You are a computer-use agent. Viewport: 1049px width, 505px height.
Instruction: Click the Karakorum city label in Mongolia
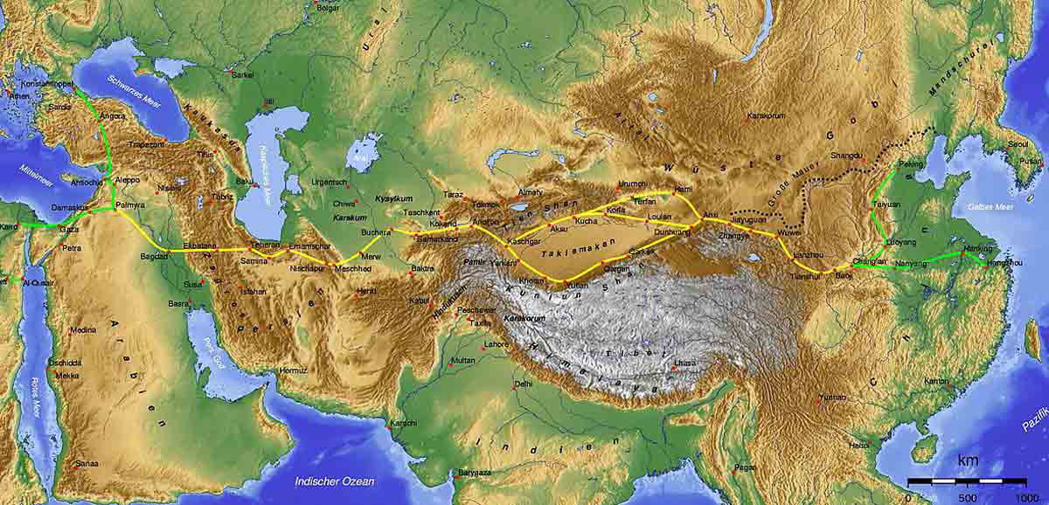tap(768, 115)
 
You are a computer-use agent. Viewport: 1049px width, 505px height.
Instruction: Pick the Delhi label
tap(524, 383)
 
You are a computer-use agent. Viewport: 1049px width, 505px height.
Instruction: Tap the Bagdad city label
tap(153, 256)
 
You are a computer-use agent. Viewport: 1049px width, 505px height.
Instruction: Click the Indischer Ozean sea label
tap(334, 481)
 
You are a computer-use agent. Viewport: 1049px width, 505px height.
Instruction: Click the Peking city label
tap(911, 164)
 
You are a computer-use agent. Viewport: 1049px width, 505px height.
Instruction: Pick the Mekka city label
tap(66, 375)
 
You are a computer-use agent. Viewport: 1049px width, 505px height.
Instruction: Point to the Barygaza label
tap(476, 473)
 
